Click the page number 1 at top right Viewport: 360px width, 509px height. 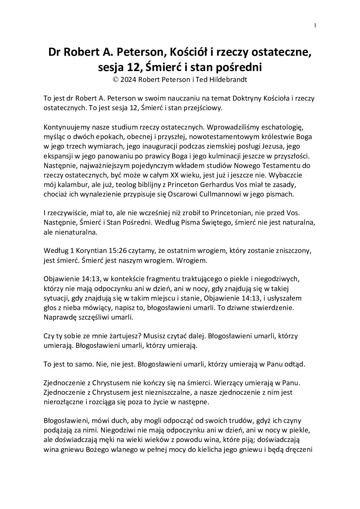pos(315,25)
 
